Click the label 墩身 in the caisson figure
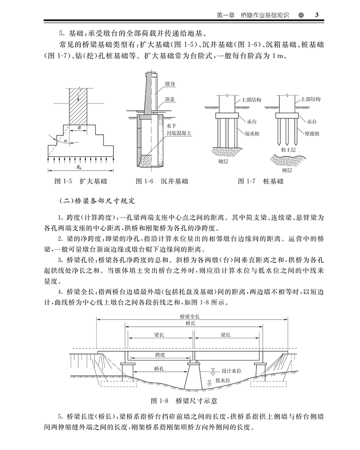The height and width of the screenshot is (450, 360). click(170, 85)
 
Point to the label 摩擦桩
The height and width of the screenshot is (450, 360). click(312, 134)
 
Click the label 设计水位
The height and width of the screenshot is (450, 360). click(232, 372)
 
